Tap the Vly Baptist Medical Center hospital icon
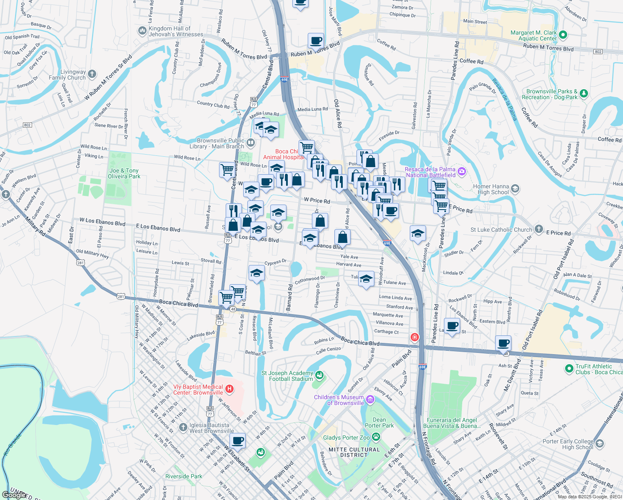click(x=229, y=390)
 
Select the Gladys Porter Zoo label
click(x=346, y=437)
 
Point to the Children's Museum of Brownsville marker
click(x=370, y=400)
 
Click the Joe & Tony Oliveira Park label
click(x=124, y=173)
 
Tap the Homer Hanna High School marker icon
click(x=515, y=189)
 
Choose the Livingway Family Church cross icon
click(x=92, y=74)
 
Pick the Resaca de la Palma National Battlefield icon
click(x=461, y=172)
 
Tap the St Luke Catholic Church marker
click(x=539, y=229)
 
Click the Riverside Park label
click(x=184, y=476)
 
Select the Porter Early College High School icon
click(x=600, y=444)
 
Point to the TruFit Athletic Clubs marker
click(x=569, y=369)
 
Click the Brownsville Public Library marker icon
click(x=250, y=143)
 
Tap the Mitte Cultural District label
click(x=354, y=452)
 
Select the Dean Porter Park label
click(x=379, y=422)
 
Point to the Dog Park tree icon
click(x=584, y=94)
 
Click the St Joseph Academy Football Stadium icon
click(x=319, y=375)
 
